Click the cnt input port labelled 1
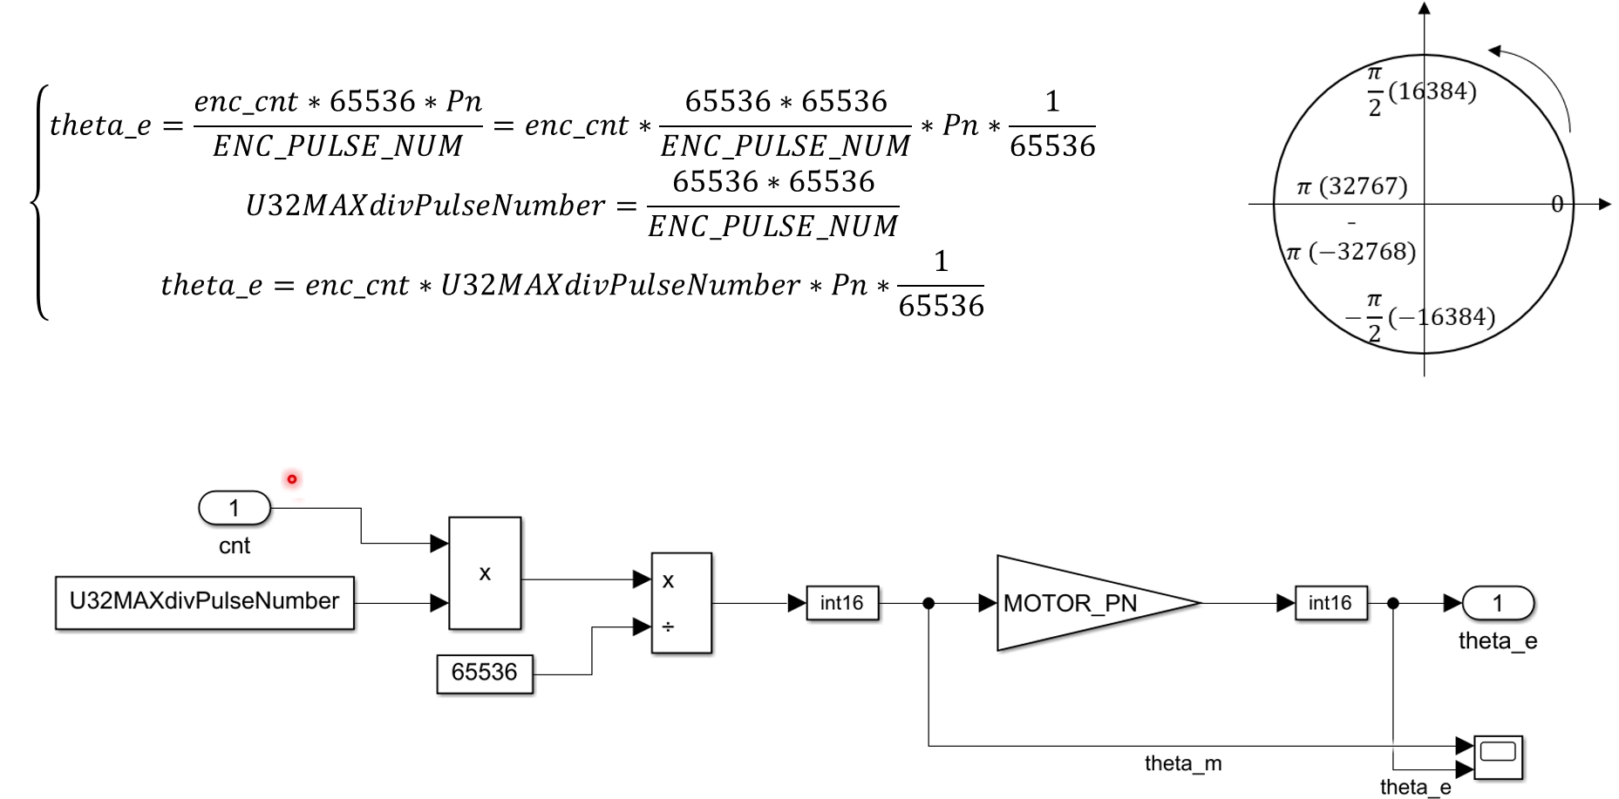point(235,508)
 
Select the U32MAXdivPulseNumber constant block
point(205,602)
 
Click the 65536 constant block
point(485,674)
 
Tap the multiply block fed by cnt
point(485,573)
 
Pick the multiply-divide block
point(682,603)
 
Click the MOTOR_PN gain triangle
point(1081,603)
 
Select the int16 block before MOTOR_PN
point(841,603)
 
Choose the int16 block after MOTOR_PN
point(1330,603)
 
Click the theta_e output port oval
point(1498,603)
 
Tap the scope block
point(1498,756)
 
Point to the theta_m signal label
point(1183,764)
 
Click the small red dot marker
point(292,479)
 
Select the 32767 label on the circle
point(1363,186)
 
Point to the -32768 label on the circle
point(1362,252)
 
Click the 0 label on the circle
point(1557,205)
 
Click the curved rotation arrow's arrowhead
point(1494,51)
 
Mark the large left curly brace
point(38,202)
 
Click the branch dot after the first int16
point(929,603)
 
